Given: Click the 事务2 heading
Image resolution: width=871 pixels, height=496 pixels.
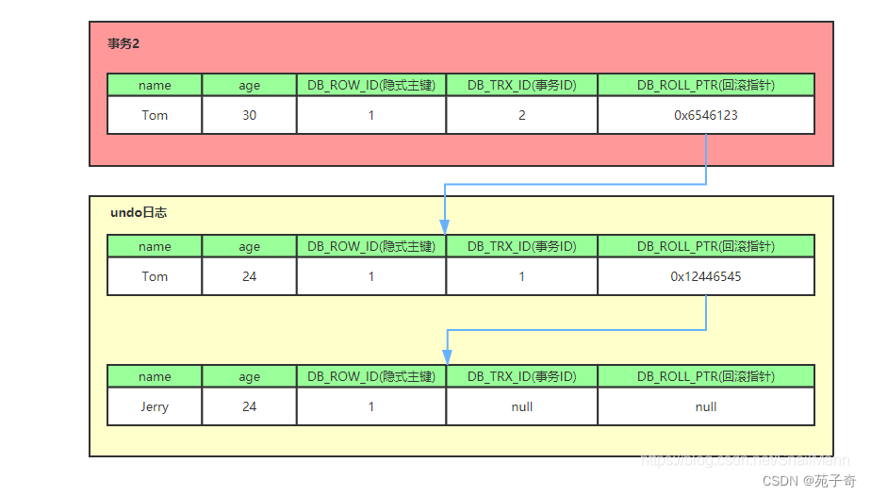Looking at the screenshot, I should tap(123, 44).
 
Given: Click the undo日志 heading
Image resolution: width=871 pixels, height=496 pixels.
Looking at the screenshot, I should tap(139, 213).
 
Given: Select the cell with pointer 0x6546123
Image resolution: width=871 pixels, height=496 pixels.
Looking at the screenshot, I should tap(705, 115).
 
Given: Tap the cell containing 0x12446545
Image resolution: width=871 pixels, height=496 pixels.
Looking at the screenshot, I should tap(705, 276).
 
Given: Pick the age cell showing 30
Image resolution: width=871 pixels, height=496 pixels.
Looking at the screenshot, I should tap(249, 115).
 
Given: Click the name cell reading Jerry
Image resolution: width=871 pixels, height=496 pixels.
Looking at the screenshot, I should tap(155, 406).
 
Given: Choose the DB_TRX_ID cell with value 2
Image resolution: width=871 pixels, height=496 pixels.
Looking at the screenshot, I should tap(521, 115).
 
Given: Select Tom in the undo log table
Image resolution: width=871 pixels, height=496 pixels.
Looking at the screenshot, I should tap(155, 276).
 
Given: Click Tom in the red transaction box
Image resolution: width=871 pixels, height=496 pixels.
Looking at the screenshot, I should tap(155, 115).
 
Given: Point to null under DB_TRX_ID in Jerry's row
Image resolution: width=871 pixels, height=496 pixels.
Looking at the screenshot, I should tap(521, 406).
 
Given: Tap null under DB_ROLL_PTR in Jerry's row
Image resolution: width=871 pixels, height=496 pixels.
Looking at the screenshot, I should tap(705, 406).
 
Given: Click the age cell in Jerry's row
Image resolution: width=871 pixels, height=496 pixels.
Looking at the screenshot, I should tap(249, 406).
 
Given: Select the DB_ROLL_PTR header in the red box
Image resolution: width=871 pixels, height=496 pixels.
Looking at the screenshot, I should tap(705, 85).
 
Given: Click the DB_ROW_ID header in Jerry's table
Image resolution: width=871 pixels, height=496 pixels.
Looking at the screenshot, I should tap(371, 376).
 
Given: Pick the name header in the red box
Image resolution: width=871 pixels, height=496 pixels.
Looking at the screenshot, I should tap(155, 85).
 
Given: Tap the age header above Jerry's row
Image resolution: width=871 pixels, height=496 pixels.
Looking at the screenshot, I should tap(249, 376).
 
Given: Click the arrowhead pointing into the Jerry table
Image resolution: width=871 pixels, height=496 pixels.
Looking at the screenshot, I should tap(447, 356).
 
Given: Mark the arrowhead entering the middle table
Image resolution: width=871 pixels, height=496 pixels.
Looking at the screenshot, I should tap(444, 226).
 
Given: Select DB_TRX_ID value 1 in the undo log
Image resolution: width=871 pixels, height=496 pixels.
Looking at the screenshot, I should tap(521, 276).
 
